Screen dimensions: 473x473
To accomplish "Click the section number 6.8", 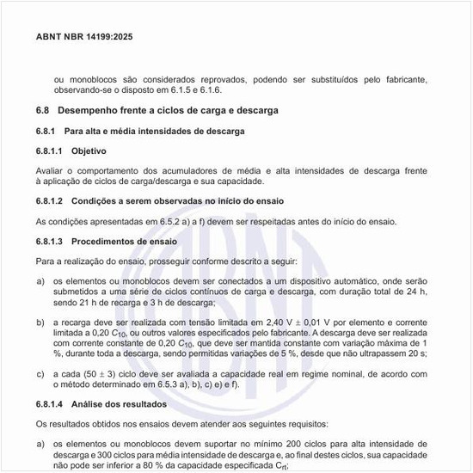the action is tap(43, 111).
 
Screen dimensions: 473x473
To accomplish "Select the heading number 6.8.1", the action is tap(46, 131).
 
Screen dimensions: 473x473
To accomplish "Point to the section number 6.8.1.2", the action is tap(51, 200).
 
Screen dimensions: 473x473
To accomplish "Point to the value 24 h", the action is tap(419, 292).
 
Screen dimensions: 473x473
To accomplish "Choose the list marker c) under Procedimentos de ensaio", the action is tap(40, 375).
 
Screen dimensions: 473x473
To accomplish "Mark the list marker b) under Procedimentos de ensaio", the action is tap(40, 321).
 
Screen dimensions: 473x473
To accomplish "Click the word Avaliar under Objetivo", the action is tap(50, 170).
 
